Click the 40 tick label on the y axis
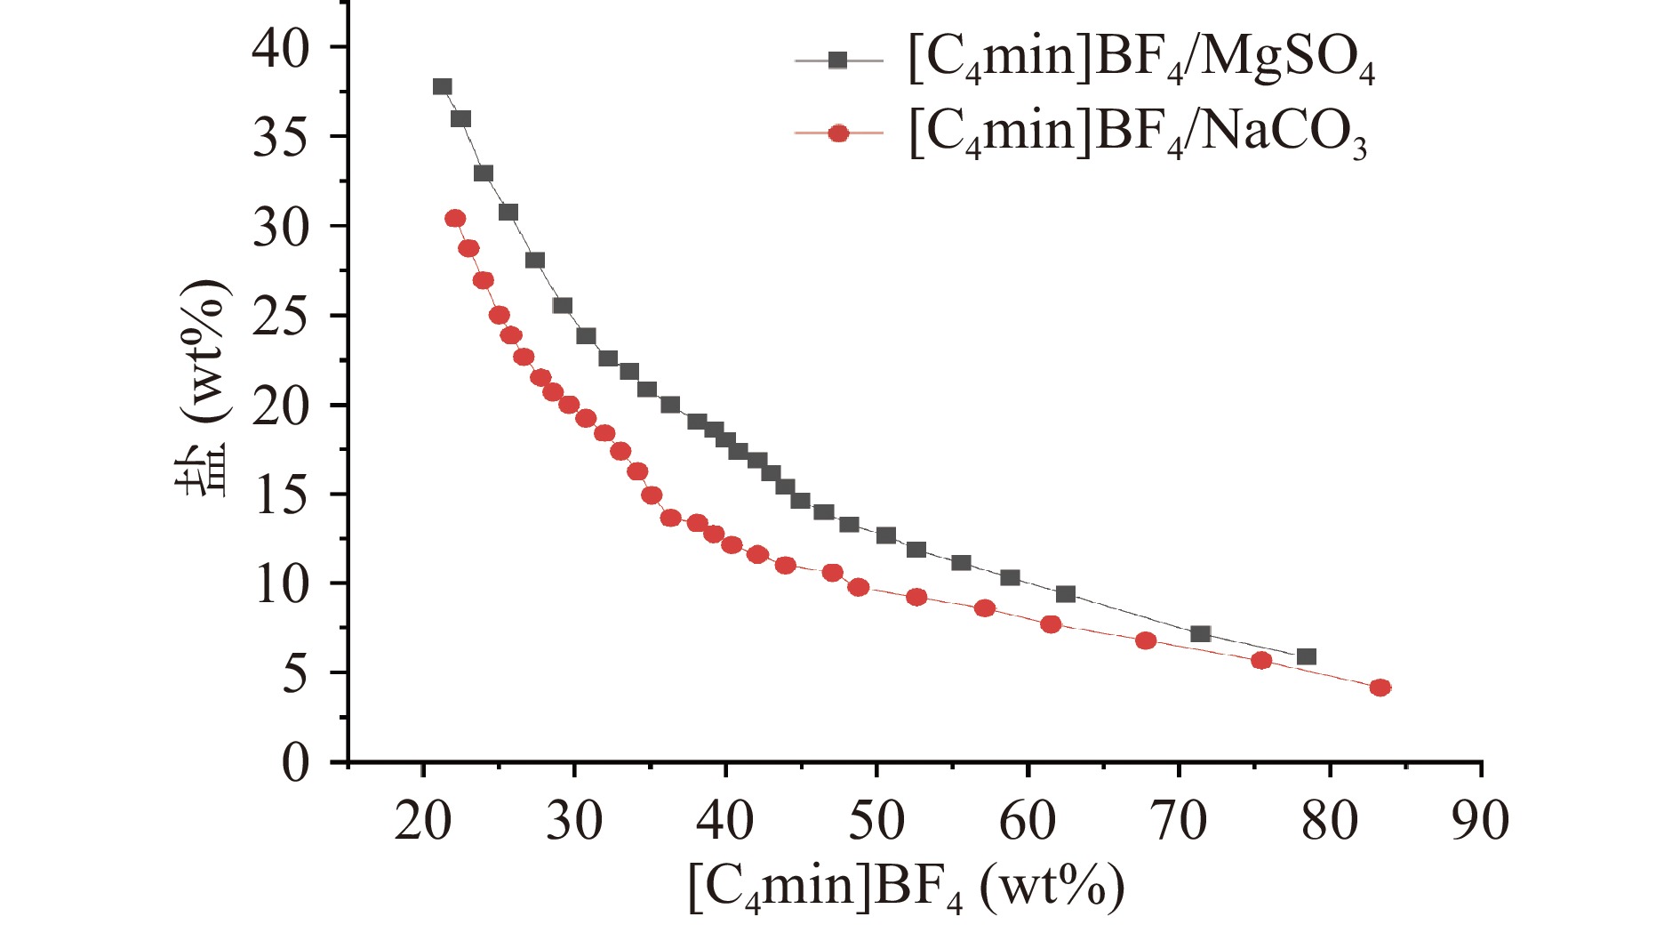point(281,47)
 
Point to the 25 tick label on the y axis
point(281,316)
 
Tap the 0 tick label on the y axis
point(296,763)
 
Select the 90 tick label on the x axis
point(1480,820)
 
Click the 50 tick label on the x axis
point(876,820)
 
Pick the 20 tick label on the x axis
point(423,820)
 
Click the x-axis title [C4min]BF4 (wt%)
point(907,887)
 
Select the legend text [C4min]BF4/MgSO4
point(1141,60)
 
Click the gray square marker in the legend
point(837,60)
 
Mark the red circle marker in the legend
point(837,133)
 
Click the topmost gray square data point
point(443,86)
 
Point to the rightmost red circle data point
point(1380,688)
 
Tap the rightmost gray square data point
point(1306,656)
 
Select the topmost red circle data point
point(455,218)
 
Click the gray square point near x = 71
point(1200,633)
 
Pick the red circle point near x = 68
point(1146,640)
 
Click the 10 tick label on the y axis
point(281,584)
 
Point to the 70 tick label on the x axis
point(1179,820)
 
